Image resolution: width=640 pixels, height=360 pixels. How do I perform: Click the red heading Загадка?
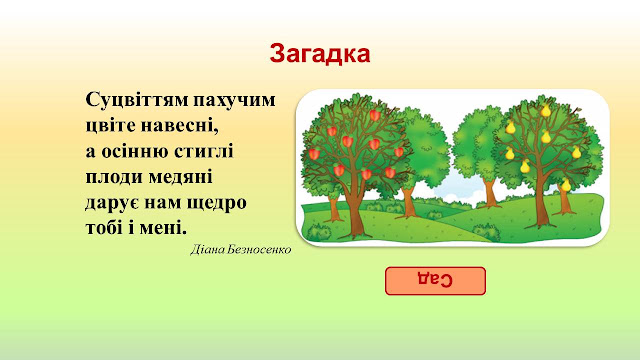tap(320, 53)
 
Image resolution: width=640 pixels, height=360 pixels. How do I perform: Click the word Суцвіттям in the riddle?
tap(137, 100)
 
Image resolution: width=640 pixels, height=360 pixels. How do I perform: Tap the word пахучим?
tap(234, 101)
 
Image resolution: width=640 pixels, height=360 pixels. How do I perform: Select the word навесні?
tap(180, 125)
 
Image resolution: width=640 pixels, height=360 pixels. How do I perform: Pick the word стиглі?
tap(204, 151)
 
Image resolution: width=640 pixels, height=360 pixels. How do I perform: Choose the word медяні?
tap(180, 178)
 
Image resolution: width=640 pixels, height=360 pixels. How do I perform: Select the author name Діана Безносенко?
tap(241, 249)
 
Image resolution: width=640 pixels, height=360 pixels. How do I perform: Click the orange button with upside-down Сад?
tap(435, 281)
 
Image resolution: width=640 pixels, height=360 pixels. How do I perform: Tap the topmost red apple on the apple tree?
tap(375, 115)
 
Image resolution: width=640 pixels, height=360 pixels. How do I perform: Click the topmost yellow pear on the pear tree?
tap(546, 110)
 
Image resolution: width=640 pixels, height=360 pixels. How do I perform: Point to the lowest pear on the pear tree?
tap(565, 185)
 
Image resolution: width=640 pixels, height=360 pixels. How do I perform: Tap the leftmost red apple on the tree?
tap(314, 154)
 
